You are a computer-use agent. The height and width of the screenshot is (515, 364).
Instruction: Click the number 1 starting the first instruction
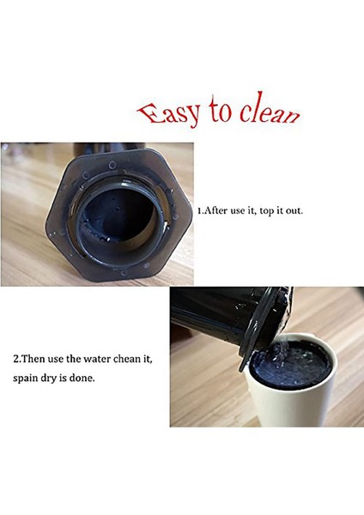click(x=199, y=209)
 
